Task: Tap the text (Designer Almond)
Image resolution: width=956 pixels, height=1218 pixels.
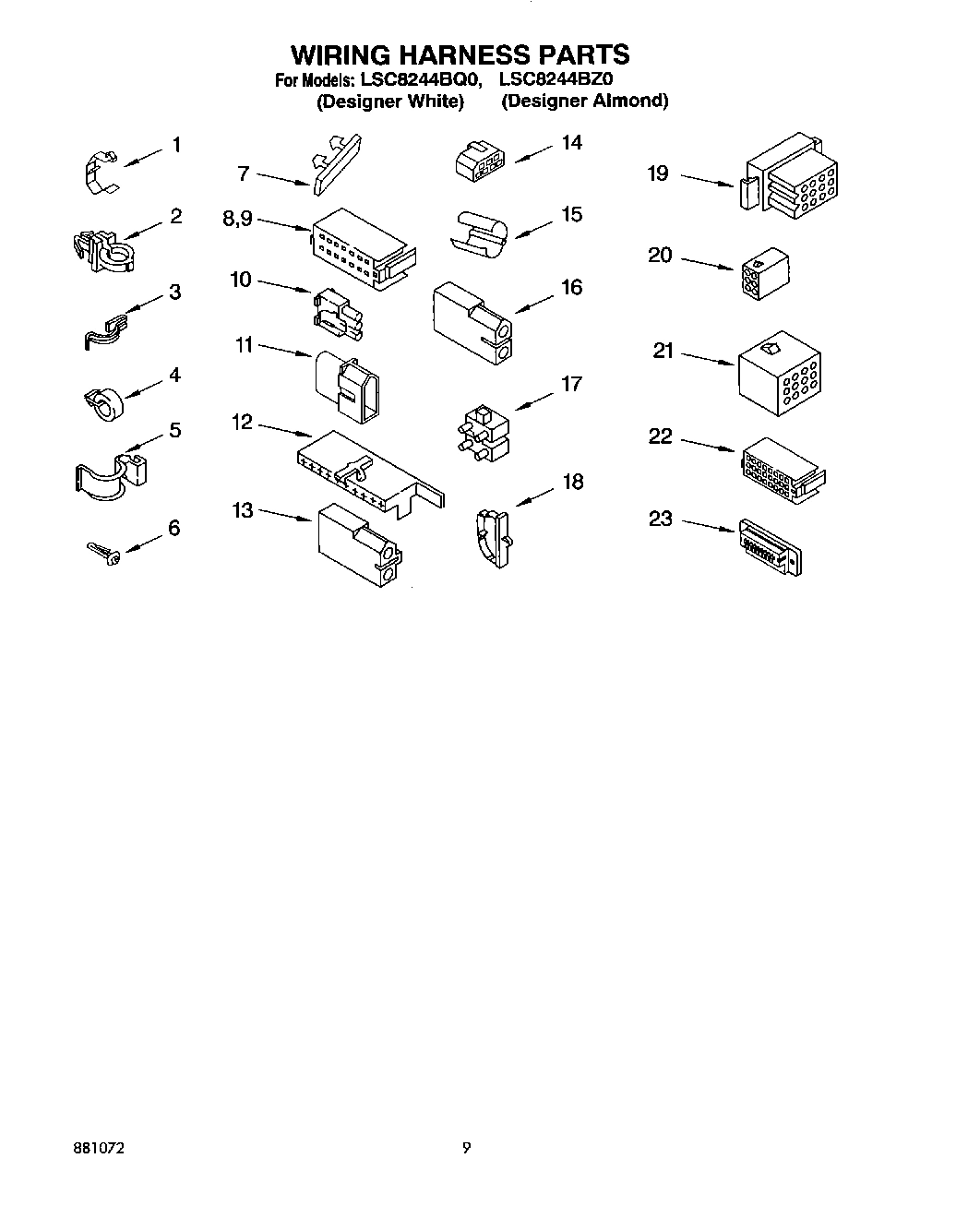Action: pos(584,101)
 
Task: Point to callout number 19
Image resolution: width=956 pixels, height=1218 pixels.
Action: pos(657,173)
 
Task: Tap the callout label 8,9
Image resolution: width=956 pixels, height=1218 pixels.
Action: pos(237,220)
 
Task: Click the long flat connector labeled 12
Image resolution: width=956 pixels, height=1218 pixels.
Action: pos(369,470)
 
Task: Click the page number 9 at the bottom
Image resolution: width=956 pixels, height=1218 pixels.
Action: pos(466,1149)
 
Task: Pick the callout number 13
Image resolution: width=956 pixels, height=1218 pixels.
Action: pos(243,510)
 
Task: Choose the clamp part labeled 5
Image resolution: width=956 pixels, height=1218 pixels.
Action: pos(109,473)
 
